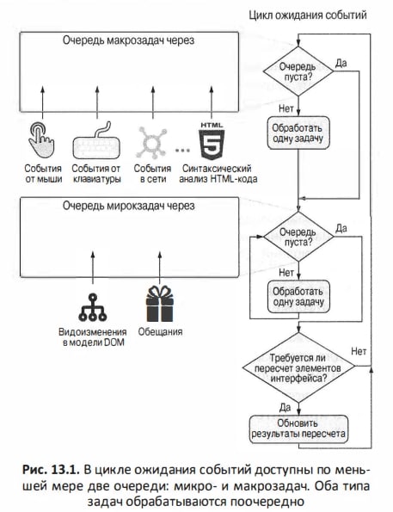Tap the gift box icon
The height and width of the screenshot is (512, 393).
pos(160,304)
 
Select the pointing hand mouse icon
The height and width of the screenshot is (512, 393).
pos(40,140)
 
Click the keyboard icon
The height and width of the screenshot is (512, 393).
pos(96,141)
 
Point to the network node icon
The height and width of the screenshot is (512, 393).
pos(151,142)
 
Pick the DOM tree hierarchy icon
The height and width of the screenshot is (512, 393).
pos(93,307)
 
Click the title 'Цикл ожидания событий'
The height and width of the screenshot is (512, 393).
pos(308,15)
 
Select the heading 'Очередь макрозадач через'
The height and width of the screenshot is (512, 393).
pos(129,40)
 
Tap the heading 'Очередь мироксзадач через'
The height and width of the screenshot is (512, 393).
pos(129,206)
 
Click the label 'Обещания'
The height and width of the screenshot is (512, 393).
pos(160,332)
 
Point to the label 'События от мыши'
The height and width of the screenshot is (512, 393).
pos(43,174)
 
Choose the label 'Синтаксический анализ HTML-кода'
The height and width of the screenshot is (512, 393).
pos(218,174)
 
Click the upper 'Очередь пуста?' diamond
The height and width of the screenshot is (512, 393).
pos(298,71)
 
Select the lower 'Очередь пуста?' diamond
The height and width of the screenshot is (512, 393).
pos(298,237)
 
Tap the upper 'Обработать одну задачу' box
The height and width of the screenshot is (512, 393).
pos(298,133)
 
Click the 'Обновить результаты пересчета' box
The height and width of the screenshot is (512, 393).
pos(298,429)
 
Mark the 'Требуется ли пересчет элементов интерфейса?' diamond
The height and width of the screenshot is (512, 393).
pos(298,367)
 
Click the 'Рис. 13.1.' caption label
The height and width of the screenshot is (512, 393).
pos(51,470)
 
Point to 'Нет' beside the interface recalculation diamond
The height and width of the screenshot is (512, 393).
pos(359,352)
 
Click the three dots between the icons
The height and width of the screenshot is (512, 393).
pos(182,151)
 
